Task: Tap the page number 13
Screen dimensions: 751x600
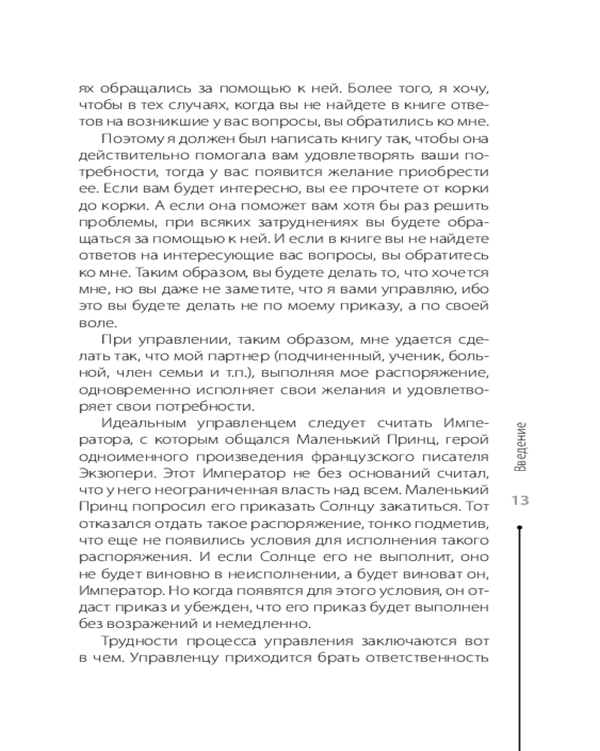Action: (520, 501)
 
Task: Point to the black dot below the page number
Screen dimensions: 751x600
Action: (520, 528)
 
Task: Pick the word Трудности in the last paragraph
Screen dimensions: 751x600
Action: (136, 641)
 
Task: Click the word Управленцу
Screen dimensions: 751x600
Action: (169, 659)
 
